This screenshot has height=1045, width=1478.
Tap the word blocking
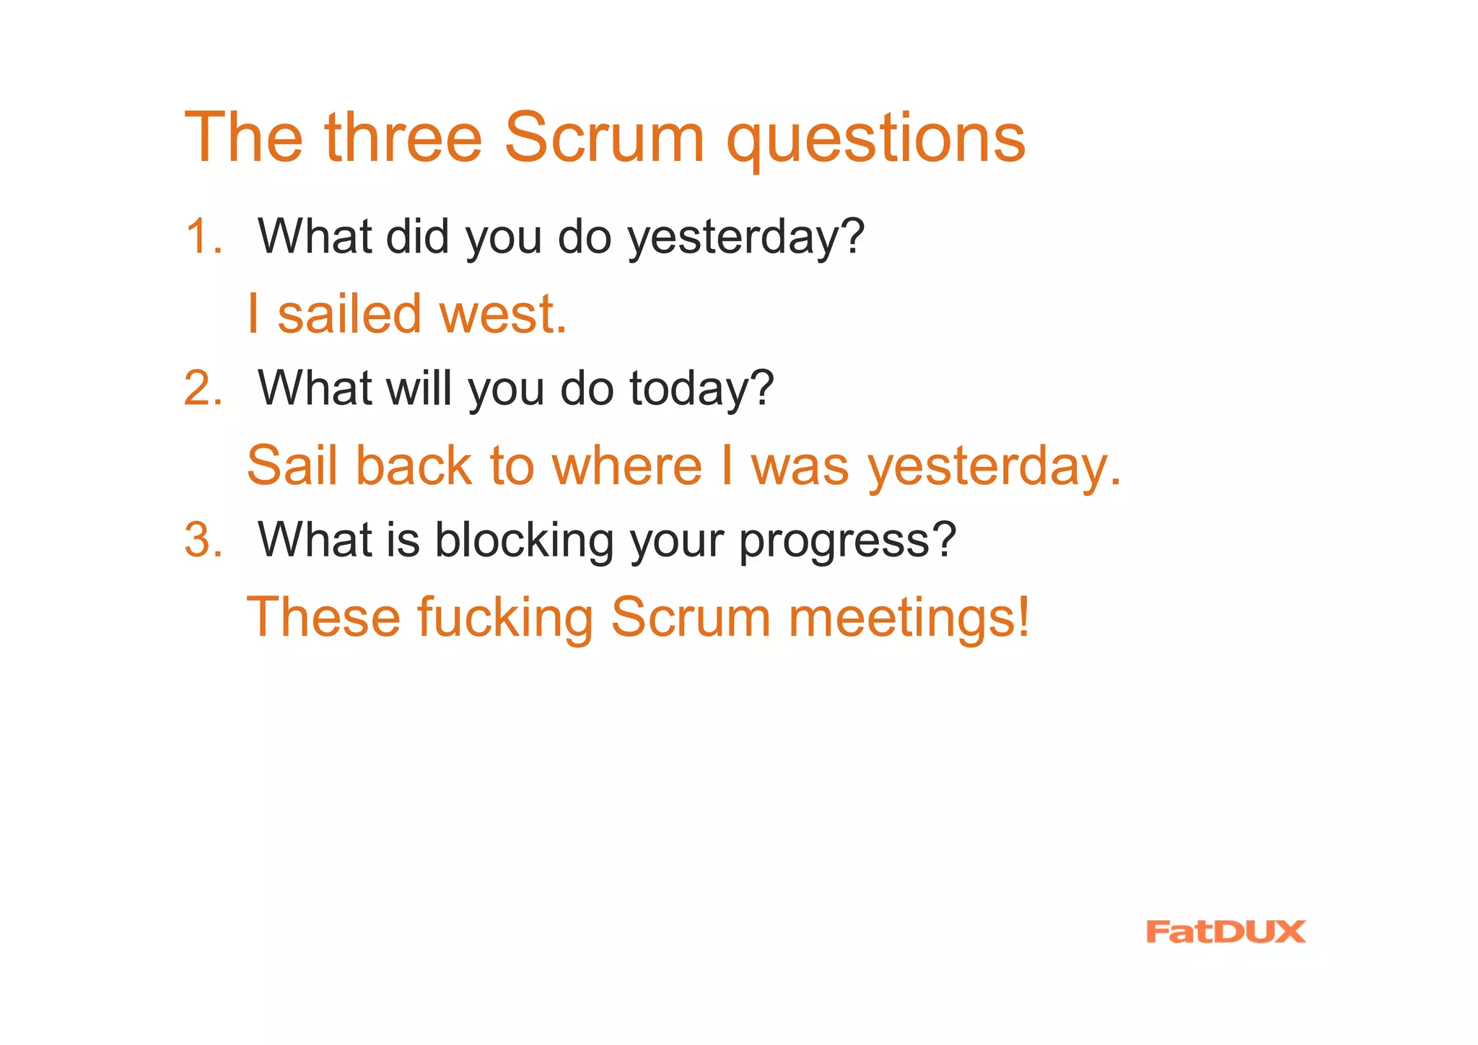pos(523,541)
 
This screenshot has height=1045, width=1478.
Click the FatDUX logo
pos(1225,932)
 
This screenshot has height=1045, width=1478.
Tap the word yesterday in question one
pos(745,238)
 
